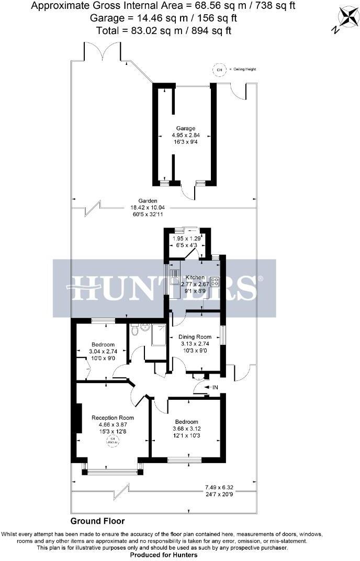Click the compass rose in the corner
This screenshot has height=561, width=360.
pyautogui.click(x=343, y=18)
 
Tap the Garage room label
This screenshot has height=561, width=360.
pyautogui.click(x=185, y=128)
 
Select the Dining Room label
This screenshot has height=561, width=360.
pyautogui.click(x=196, y=336)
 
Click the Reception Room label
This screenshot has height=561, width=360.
pyautogui.click(x=113, y=418)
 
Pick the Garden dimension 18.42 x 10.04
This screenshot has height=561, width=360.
pyautogui.click(x=149, y=207)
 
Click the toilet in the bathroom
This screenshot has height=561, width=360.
pyautogui.click(x=135, y=330)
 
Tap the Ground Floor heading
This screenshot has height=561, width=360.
pyautogui.click(x=98, y=521)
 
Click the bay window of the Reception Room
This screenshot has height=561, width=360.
pyautogui.click(x=113, y=472)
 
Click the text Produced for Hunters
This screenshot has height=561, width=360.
pyautogui.click(x=164, y=555)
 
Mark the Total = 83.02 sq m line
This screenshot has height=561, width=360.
pyautogui.click(x=164, y=30)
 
